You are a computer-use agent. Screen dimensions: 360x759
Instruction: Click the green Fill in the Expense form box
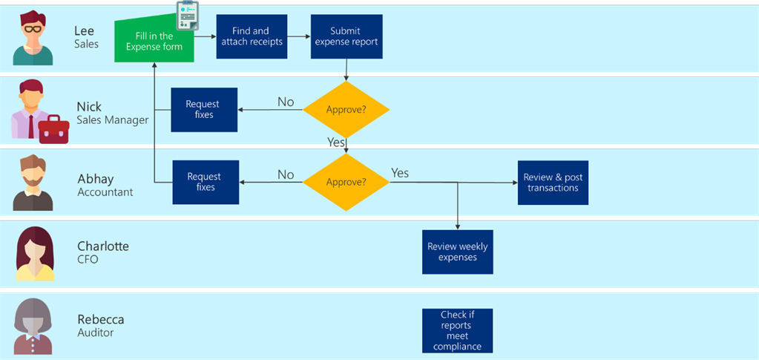point(154,42)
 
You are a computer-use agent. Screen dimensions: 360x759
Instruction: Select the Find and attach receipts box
point(252,36)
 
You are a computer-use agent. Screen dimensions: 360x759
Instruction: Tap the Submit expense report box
point(346,36)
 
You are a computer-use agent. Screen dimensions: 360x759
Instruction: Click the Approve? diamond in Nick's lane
point(346,110)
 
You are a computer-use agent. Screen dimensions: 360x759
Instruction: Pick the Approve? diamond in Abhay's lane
point(346,182)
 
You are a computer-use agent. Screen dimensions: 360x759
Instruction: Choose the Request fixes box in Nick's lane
point(204,110)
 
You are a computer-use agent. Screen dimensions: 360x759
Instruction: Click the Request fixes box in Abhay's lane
point(206,182)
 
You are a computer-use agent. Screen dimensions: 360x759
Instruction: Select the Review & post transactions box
point(553,183)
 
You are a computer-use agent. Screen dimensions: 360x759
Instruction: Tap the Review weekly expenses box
point(457,252)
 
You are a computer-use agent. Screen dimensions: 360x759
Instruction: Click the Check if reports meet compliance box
point(457,330)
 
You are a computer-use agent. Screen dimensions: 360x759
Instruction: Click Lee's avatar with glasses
point(33,39)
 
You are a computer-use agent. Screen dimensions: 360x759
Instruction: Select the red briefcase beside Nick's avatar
point(53,129)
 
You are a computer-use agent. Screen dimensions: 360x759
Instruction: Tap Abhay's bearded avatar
point(33,183)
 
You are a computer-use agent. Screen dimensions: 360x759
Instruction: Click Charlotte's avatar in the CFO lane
point(35,254)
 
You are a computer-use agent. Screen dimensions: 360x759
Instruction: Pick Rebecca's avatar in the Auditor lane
point(33,327)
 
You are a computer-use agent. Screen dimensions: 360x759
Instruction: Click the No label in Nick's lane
point(286,102)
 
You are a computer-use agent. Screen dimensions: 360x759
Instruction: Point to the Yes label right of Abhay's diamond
point(400,173)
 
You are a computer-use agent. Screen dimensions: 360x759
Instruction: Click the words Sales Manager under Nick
point(112,120)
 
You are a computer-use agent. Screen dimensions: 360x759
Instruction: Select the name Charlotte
point(102,246)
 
